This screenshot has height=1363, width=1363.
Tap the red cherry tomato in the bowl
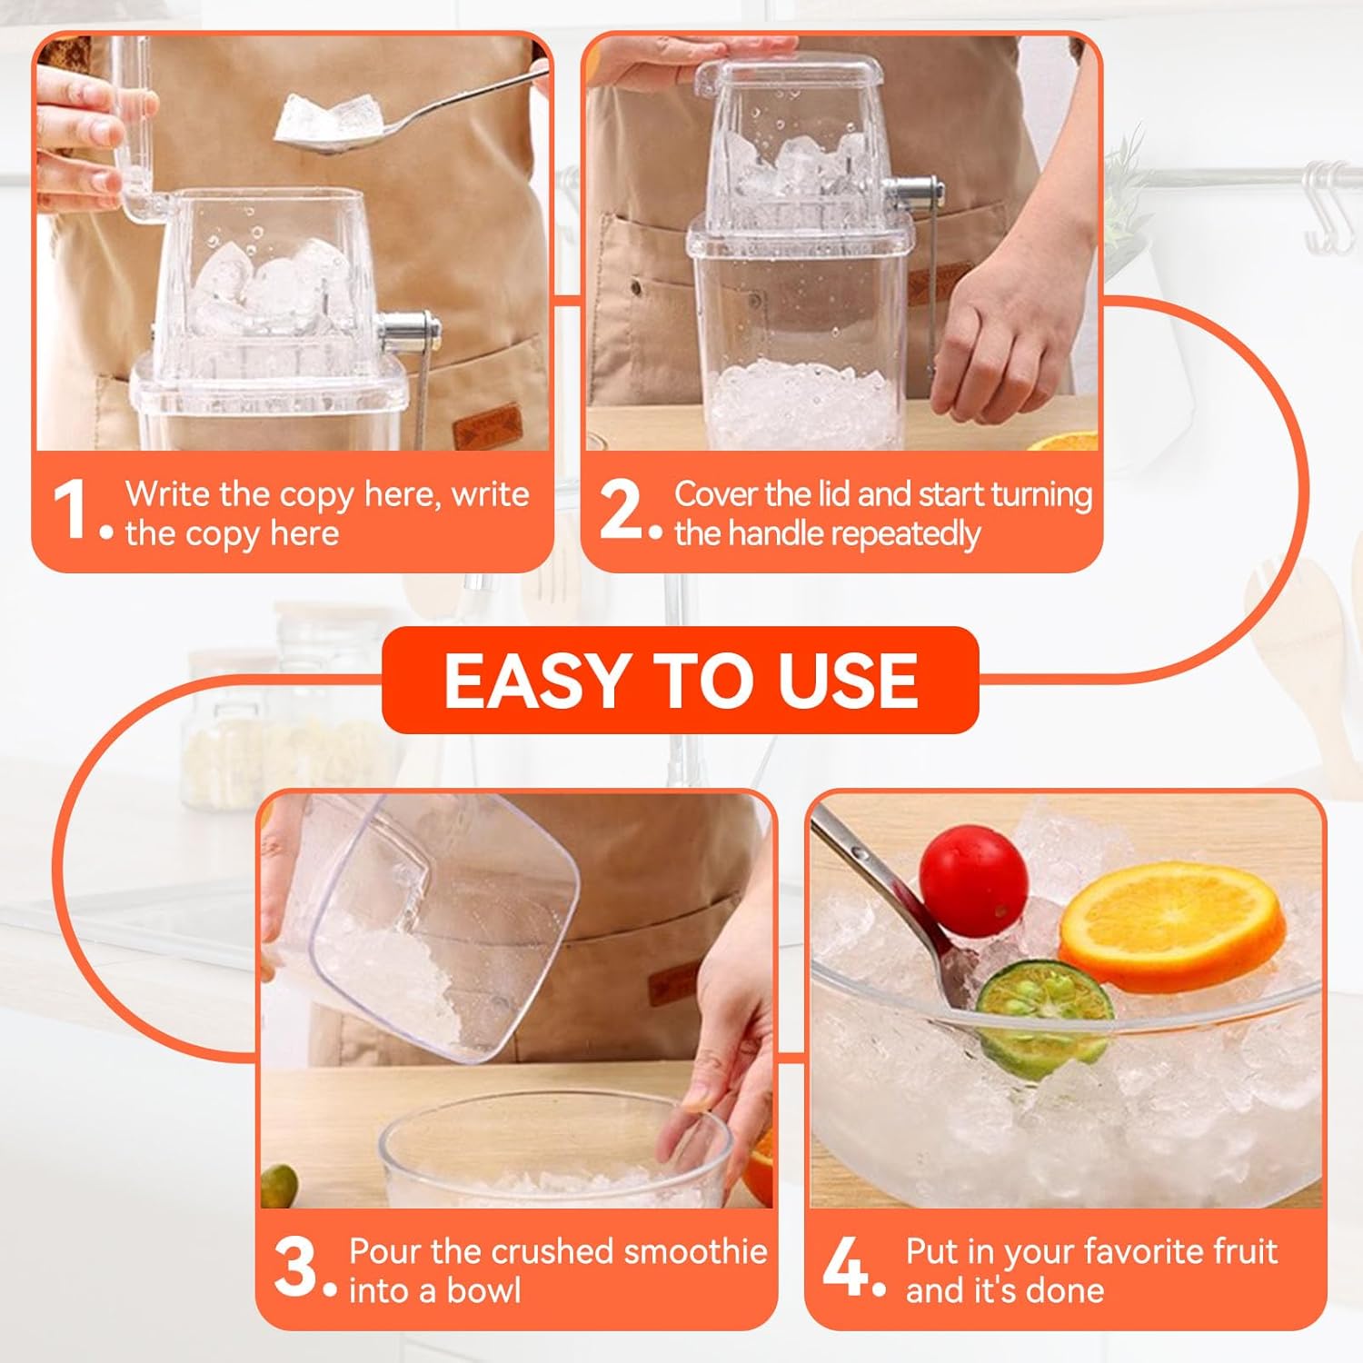(973, 879)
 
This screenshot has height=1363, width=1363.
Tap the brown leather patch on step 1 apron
(487, 427)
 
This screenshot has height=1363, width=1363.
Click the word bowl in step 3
(482, 1290)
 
